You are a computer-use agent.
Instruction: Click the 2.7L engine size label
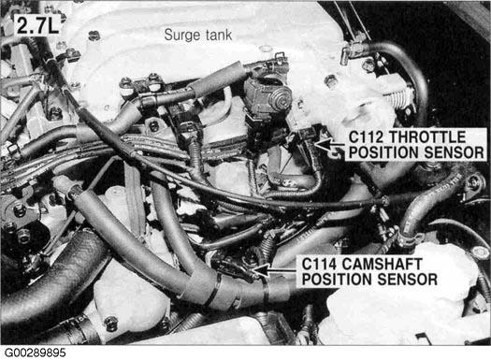37,25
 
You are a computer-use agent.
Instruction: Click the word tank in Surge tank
219,35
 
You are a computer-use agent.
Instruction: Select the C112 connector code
367,137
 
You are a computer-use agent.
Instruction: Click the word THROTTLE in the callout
427,137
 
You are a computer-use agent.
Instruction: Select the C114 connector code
320,264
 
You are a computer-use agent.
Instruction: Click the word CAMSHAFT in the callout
382,264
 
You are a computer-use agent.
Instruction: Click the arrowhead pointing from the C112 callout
323,144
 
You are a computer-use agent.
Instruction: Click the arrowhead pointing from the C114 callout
261,270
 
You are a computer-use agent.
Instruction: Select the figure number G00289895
36,353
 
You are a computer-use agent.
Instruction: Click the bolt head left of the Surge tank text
94,36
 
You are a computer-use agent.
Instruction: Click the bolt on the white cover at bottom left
110,324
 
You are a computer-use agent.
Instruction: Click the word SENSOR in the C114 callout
407,279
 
